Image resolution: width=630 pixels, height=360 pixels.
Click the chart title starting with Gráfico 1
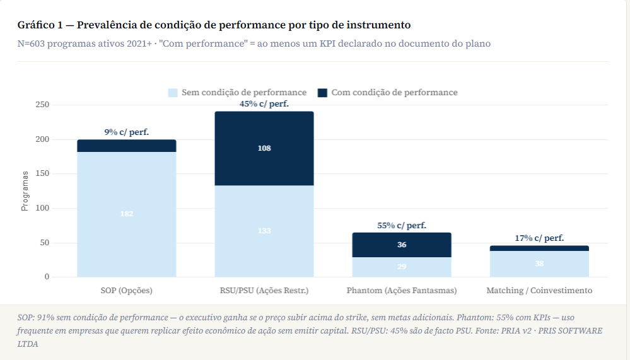[x=214, y=25]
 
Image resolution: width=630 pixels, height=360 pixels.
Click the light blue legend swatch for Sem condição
[x=173, y=93]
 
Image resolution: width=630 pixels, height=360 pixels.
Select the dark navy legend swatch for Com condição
[x=322, y=93]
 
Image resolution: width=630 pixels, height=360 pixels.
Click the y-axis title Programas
[x=25, y=190]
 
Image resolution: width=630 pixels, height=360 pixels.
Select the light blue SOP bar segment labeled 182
[x=127, y=214]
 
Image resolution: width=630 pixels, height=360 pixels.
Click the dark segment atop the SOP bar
[x=127, y=146]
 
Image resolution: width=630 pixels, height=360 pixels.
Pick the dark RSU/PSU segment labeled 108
[x=264, y=148]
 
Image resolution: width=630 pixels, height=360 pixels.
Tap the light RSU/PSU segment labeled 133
[x=264, y=231]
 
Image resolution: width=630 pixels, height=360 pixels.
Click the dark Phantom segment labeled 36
[x=402, y=245]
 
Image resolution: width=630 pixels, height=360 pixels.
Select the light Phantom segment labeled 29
[x=402, y=267]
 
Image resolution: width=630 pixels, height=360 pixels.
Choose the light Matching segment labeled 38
[x=539, y=264]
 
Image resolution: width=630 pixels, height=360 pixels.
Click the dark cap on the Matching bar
[x=539, y=248]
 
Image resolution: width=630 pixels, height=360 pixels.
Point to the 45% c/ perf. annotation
[x=264, y=104]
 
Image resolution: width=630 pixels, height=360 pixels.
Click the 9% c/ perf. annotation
[x=127, y=132]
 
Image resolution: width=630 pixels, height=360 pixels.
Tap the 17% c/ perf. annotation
[x=539, y=238]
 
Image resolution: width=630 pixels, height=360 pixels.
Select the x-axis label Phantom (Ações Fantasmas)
[x=402, y=291]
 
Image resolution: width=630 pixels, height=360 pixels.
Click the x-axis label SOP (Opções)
[x=127, y=291]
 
